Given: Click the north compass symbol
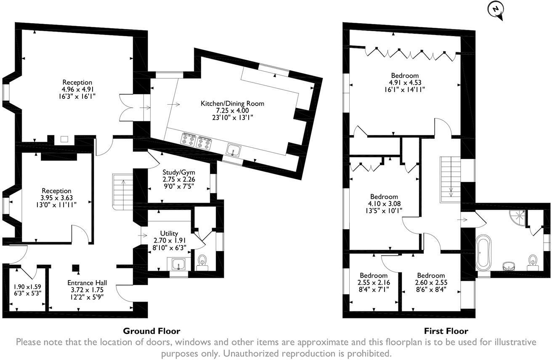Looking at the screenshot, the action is pos(496,11).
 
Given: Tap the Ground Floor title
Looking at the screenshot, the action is pos(151,331).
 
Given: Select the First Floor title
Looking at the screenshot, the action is pos(446,331).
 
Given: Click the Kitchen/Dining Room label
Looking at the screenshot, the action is pos(232,103).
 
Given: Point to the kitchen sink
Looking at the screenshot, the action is pos(234,150).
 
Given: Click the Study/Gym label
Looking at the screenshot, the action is pos(179,172).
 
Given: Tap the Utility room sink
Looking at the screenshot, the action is pos(178,263).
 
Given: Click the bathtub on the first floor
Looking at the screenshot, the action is pos(483,253).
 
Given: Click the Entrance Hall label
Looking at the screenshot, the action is pos(87,283).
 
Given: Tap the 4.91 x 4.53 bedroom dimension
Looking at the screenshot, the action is pos(405,82).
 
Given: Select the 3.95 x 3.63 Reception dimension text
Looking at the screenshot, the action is pos(56,198).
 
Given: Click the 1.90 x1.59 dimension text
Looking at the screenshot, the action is pos(27,286).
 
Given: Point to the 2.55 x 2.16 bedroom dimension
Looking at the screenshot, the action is pos(374,282).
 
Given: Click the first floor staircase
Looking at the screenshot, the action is pos(451,180).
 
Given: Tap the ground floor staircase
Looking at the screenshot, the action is pos(122,192).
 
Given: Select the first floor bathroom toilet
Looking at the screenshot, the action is pos(533,263).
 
